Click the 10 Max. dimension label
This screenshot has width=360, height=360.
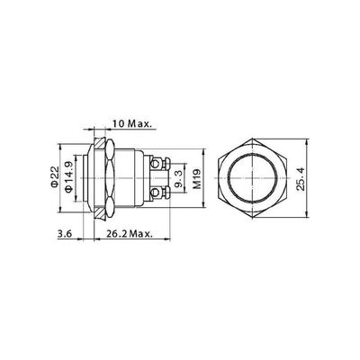pyautogui.click(x=132, y=124)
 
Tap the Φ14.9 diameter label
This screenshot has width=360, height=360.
pyautogui.click(x=68, y=177)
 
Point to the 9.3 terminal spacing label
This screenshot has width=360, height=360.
pyautogui.click(x=179, y=179)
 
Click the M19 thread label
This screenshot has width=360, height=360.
pyautogui.click(x=197, y=179)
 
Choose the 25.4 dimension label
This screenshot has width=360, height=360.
pyautogui.click(x=301, y=179)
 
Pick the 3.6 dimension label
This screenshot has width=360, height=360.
pyautogui.click(x=65, y=234)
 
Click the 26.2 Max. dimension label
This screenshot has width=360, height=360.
pyautogui.click(x=129, y=234)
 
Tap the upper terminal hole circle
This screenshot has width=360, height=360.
pyautogui.click(x=155, y=164)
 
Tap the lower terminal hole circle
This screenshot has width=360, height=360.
pyautogui.click(x=155, y=193)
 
